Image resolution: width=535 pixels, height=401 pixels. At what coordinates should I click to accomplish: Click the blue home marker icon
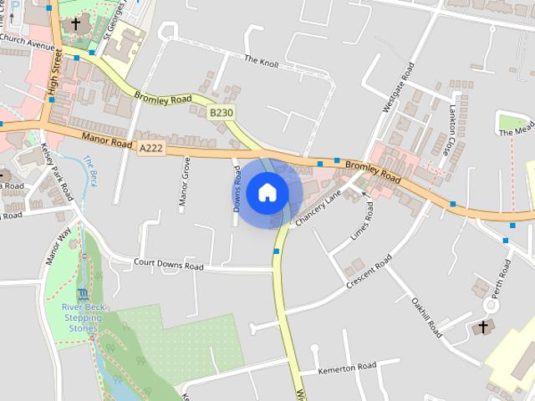click(267, 192)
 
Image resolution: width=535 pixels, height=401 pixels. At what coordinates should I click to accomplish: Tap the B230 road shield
click(221, 113)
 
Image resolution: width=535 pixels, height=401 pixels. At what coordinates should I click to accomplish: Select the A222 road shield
click(151, 148)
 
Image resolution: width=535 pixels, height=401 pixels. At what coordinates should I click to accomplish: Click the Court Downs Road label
click(169, 266)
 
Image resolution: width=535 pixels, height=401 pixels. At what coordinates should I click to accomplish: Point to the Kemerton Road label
click(348, 368)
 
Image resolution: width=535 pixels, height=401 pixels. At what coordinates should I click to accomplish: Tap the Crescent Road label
click(369, 273)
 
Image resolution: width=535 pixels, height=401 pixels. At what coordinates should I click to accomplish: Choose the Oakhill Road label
click(426, 317)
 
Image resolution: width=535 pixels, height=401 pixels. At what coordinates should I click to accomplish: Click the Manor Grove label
click(185, 181)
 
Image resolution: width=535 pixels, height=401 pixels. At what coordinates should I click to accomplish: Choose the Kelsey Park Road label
click(57, 171)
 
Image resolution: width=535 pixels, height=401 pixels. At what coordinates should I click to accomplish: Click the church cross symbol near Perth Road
click(482, 327)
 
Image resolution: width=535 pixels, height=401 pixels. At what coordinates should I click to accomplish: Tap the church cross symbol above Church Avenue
click(76, 24)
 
